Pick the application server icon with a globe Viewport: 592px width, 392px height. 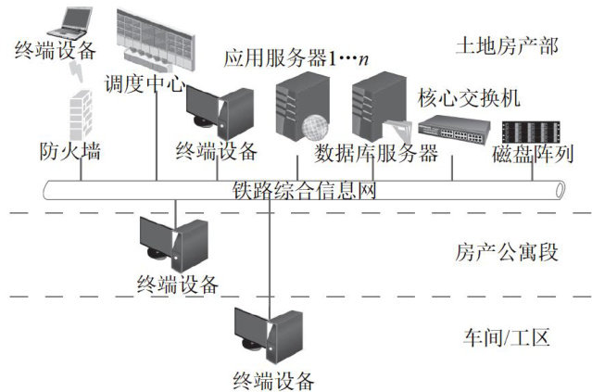302,107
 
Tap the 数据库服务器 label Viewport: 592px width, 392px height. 376,153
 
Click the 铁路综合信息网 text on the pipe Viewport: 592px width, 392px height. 305,191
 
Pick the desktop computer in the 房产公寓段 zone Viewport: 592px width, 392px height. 173,241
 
